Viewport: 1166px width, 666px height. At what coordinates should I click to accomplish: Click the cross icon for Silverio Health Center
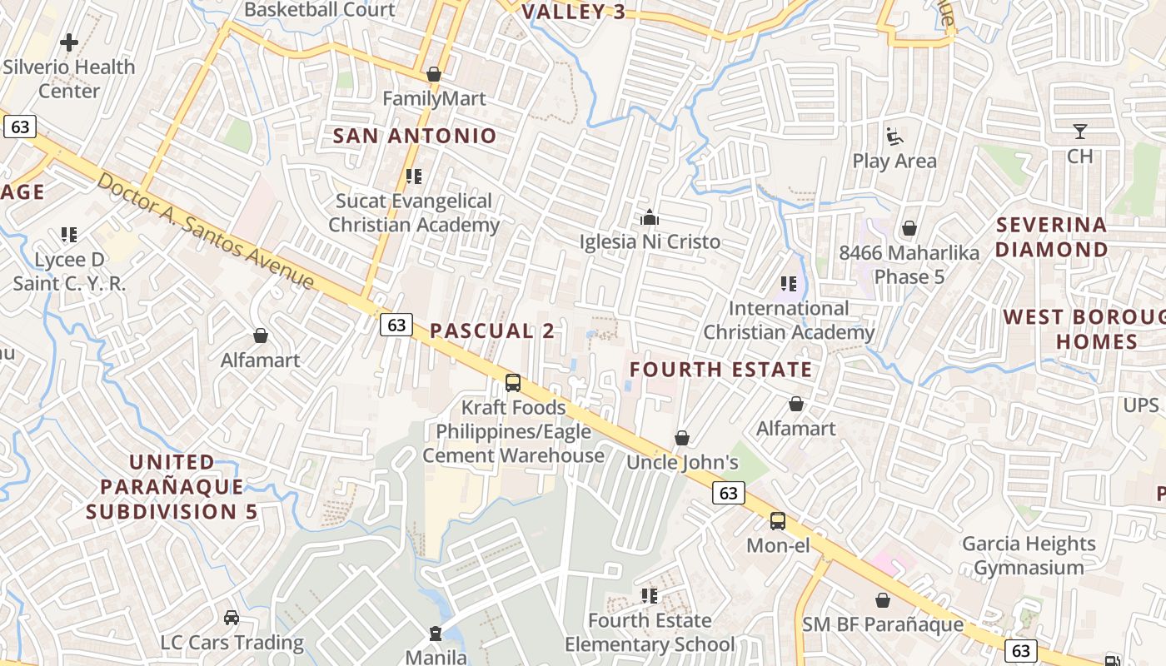pos(69,42)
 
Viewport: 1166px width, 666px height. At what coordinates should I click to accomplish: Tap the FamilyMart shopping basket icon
pos(433,74)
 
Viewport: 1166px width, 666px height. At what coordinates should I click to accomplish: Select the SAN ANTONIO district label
pos(415,136)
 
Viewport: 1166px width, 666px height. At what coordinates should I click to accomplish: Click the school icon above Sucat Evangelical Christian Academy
pos(414,176)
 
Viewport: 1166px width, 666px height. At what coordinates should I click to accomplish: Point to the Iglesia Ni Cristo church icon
pos(650,217)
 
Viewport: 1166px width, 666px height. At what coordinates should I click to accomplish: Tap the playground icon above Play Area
pos(894,136)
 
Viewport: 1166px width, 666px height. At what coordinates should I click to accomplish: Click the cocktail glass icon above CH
pos(1079,132)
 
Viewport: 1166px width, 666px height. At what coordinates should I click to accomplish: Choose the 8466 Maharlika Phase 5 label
pos(909,264)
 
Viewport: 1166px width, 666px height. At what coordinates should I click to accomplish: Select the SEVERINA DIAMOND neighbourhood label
pos(1052,237)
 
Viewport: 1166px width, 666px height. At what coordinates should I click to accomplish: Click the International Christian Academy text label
pos(789,320)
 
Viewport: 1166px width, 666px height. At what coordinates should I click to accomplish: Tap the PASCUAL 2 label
pos(491,331)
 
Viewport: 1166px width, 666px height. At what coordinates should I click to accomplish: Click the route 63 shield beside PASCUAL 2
pos(396,325)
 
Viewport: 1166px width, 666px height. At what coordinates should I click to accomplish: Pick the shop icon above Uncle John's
pos(682,438)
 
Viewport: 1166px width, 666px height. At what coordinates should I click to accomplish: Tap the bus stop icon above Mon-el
pos(777,521)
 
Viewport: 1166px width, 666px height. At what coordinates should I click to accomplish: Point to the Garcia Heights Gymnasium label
pos(1029,555)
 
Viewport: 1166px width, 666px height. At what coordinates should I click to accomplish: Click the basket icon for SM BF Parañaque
pos(883,599)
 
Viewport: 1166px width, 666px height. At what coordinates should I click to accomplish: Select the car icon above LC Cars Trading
pos(232,618)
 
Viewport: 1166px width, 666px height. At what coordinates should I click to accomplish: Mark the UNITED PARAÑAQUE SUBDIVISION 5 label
pos(172,486)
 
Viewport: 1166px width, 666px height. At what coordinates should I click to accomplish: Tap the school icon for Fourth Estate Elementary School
pos(650,595)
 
